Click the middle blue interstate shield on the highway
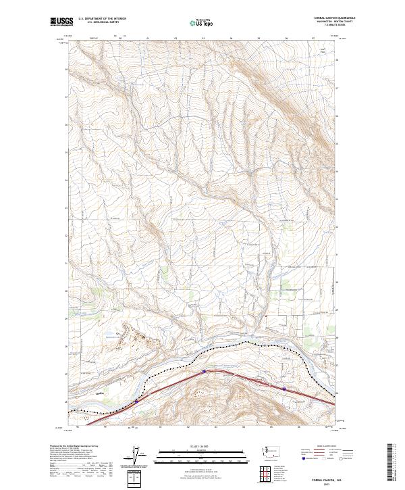[204, 370]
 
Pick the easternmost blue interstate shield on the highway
[284, 389]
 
